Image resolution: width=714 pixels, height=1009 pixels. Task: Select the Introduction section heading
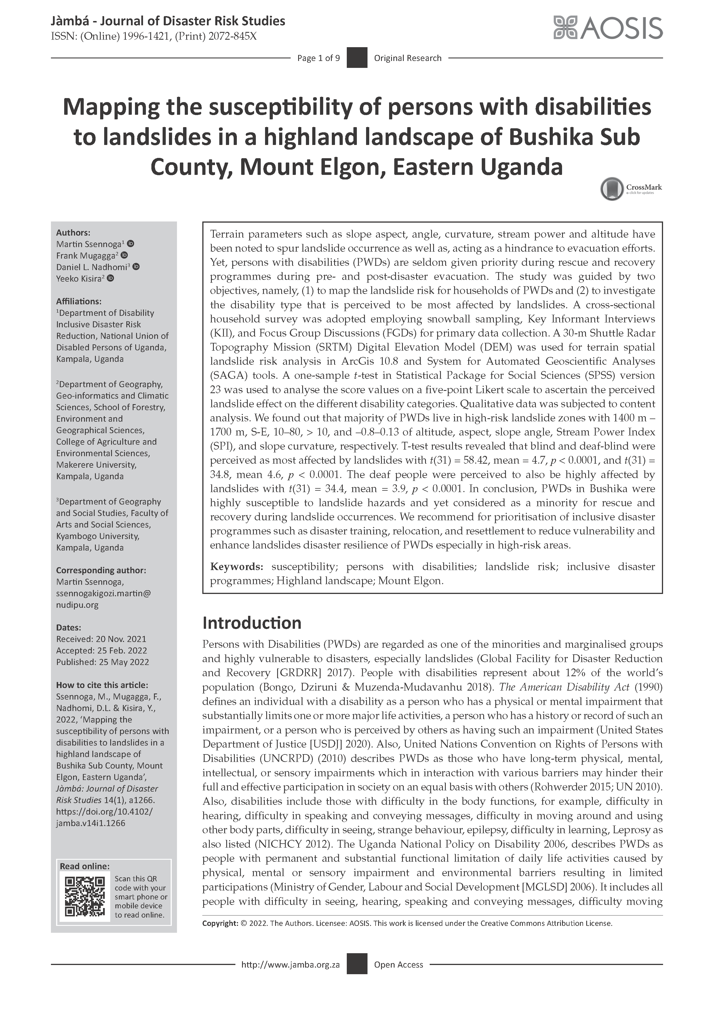[x=252, y=623]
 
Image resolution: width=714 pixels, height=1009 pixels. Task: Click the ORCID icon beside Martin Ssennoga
[x=131, y=243]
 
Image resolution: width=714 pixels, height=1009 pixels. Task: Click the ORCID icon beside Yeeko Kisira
[x=110, y=278]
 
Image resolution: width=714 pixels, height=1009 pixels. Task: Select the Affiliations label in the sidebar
[x=79, y=301]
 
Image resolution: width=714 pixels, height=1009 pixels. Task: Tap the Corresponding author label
[x=101, y=570]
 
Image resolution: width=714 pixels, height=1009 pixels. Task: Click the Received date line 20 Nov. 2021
[x=101, y=639]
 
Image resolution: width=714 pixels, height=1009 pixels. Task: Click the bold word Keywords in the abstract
[x=236, y=567]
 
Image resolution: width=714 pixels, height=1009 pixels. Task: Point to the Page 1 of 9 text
[x=318, y=58]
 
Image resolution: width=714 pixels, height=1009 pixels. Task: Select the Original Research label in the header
[x=408, y=58]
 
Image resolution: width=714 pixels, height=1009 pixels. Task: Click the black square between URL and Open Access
[x=357, y=964]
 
